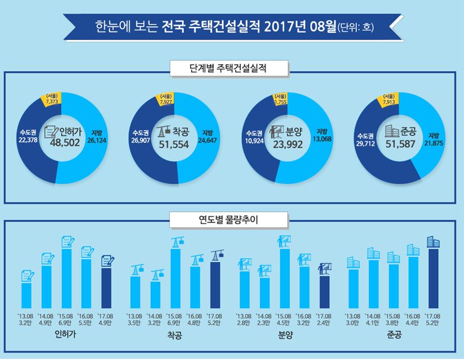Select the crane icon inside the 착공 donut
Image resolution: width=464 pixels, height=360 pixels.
tap(165, 132)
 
